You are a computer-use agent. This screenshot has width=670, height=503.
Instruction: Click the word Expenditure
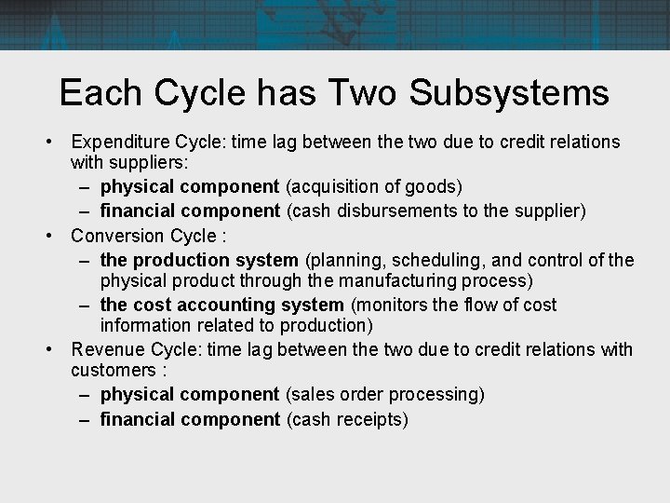tap(118, 142)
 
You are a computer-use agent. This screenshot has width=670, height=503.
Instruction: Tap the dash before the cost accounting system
tap(84, 305)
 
